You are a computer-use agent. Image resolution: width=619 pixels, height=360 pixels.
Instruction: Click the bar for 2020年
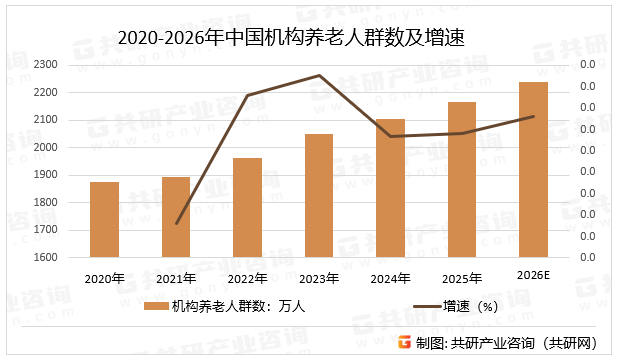click(x=104, y=220)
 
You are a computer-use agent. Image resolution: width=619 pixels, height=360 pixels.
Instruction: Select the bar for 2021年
click(x=176, y=217)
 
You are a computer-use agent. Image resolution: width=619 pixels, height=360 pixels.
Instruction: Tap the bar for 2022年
click(x=247, y=208)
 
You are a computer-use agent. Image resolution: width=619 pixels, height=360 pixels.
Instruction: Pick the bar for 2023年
click(x=319, y=196)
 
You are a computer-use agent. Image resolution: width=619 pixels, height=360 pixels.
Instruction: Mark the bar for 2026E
click(x=533, y=170)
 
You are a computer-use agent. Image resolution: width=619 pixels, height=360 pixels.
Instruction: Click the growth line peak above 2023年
click(x=319, y=75)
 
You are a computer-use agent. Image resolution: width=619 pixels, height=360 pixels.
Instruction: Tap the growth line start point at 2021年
click(x=176, y=223)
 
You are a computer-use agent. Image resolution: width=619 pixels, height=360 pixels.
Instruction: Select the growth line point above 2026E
click(x=533, y=116)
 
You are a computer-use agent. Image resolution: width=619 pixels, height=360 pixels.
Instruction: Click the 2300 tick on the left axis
click(x=46, y=65)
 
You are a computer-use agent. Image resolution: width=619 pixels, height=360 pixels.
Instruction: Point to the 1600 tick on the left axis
click(x=46, y=257)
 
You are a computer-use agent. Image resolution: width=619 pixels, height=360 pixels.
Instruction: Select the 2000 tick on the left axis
click(x=46, y=147)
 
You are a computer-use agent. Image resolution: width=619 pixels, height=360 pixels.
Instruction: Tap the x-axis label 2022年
click(x=247, y=278)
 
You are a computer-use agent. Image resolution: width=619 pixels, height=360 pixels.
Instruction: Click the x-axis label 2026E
click(x=533, y=275)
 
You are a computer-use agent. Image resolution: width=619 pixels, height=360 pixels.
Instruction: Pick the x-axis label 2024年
click(x=390, y=278)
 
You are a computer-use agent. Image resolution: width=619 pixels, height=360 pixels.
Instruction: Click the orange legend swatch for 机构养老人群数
click(x=154, y=307)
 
